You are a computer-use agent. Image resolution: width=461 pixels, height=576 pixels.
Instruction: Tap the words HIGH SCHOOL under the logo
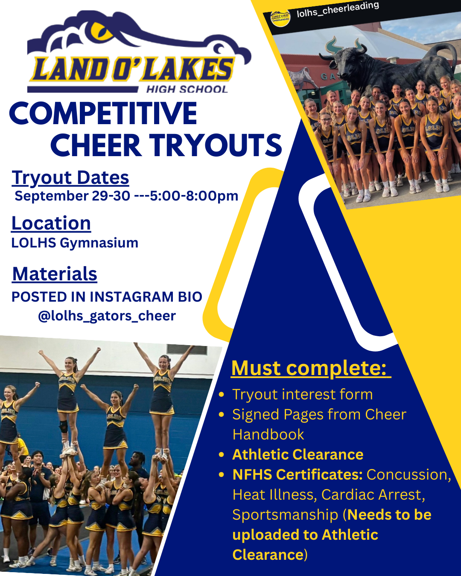[187, 90]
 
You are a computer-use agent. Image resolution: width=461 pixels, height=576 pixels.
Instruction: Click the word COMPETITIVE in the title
[103, 113]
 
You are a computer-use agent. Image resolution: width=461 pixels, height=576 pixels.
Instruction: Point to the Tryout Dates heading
[70, 178]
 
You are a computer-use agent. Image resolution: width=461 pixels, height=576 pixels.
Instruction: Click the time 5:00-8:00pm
[194, 196]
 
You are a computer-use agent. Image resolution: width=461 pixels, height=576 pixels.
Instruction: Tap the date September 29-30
[72, 196]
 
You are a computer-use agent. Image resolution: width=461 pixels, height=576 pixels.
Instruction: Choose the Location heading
[51, 223]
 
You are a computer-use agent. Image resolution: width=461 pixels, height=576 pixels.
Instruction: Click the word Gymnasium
[99, 243]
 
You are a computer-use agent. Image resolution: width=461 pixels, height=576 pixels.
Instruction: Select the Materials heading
[55, 274]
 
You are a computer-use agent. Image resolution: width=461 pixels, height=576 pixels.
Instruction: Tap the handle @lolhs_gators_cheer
[107, 316]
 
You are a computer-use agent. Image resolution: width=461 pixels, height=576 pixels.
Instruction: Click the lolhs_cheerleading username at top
[338, 10]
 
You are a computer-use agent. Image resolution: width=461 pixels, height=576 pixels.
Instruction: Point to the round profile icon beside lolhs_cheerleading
[280, 18]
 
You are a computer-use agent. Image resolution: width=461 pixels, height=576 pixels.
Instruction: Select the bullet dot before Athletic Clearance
[221, 455]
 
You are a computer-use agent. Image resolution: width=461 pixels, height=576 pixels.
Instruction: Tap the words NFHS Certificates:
[298, 475]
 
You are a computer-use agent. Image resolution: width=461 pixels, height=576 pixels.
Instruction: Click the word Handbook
[268, 434]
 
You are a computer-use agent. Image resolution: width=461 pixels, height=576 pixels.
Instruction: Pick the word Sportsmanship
[285, 515]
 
